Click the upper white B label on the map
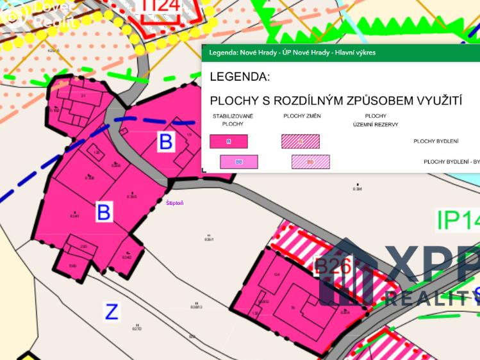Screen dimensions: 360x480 [166, 141]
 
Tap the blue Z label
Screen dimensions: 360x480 [112, 312]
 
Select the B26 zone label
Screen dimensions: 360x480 [333, 265]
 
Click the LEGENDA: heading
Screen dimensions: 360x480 [240, 77]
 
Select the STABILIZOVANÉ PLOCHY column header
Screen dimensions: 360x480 [233, 120]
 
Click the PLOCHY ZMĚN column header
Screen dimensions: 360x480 [302, 116]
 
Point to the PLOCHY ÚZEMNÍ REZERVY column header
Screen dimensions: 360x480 [376, 120]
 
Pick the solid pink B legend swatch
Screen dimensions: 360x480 [229, 141]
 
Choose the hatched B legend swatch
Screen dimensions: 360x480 [300, 141]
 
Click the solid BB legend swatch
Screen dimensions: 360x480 [238, 162]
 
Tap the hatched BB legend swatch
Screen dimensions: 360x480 [311, 162]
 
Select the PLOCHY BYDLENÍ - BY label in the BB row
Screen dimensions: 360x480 [451, 162]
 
